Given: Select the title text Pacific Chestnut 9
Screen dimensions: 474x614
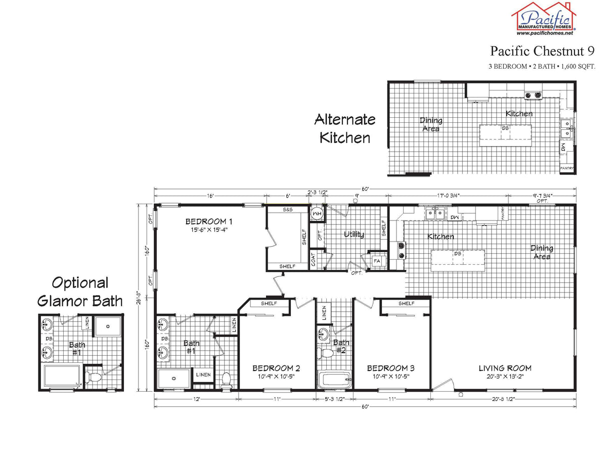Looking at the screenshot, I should [542, 51].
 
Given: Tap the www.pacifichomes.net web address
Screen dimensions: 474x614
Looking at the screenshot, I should [545, 33].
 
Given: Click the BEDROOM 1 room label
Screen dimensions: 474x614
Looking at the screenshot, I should [208, 221].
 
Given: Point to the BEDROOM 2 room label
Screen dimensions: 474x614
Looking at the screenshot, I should [276, 368].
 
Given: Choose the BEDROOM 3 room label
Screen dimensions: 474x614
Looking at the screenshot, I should [391, 368].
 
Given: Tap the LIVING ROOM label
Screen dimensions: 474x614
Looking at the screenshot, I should [505, 368].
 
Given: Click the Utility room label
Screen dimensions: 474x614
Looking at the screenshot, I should [354, 234].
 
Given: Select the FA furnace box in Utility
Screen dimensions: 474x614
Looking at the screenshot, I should [377, 261].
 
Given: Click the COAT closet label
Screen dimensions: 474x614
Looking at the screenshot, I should [314, 260].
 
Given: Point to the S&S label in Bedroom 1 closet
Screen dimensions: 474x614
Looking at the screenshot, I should [288, 209].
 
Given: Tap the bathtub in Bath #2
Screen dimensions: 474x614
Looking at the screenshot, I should [334, 380].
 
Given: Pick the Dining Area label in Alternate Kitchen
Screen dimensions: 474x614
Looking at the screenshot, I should [431, 124].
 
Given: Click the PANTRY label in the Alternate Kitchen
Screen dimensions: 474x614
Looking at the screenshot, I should [566, 168].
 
